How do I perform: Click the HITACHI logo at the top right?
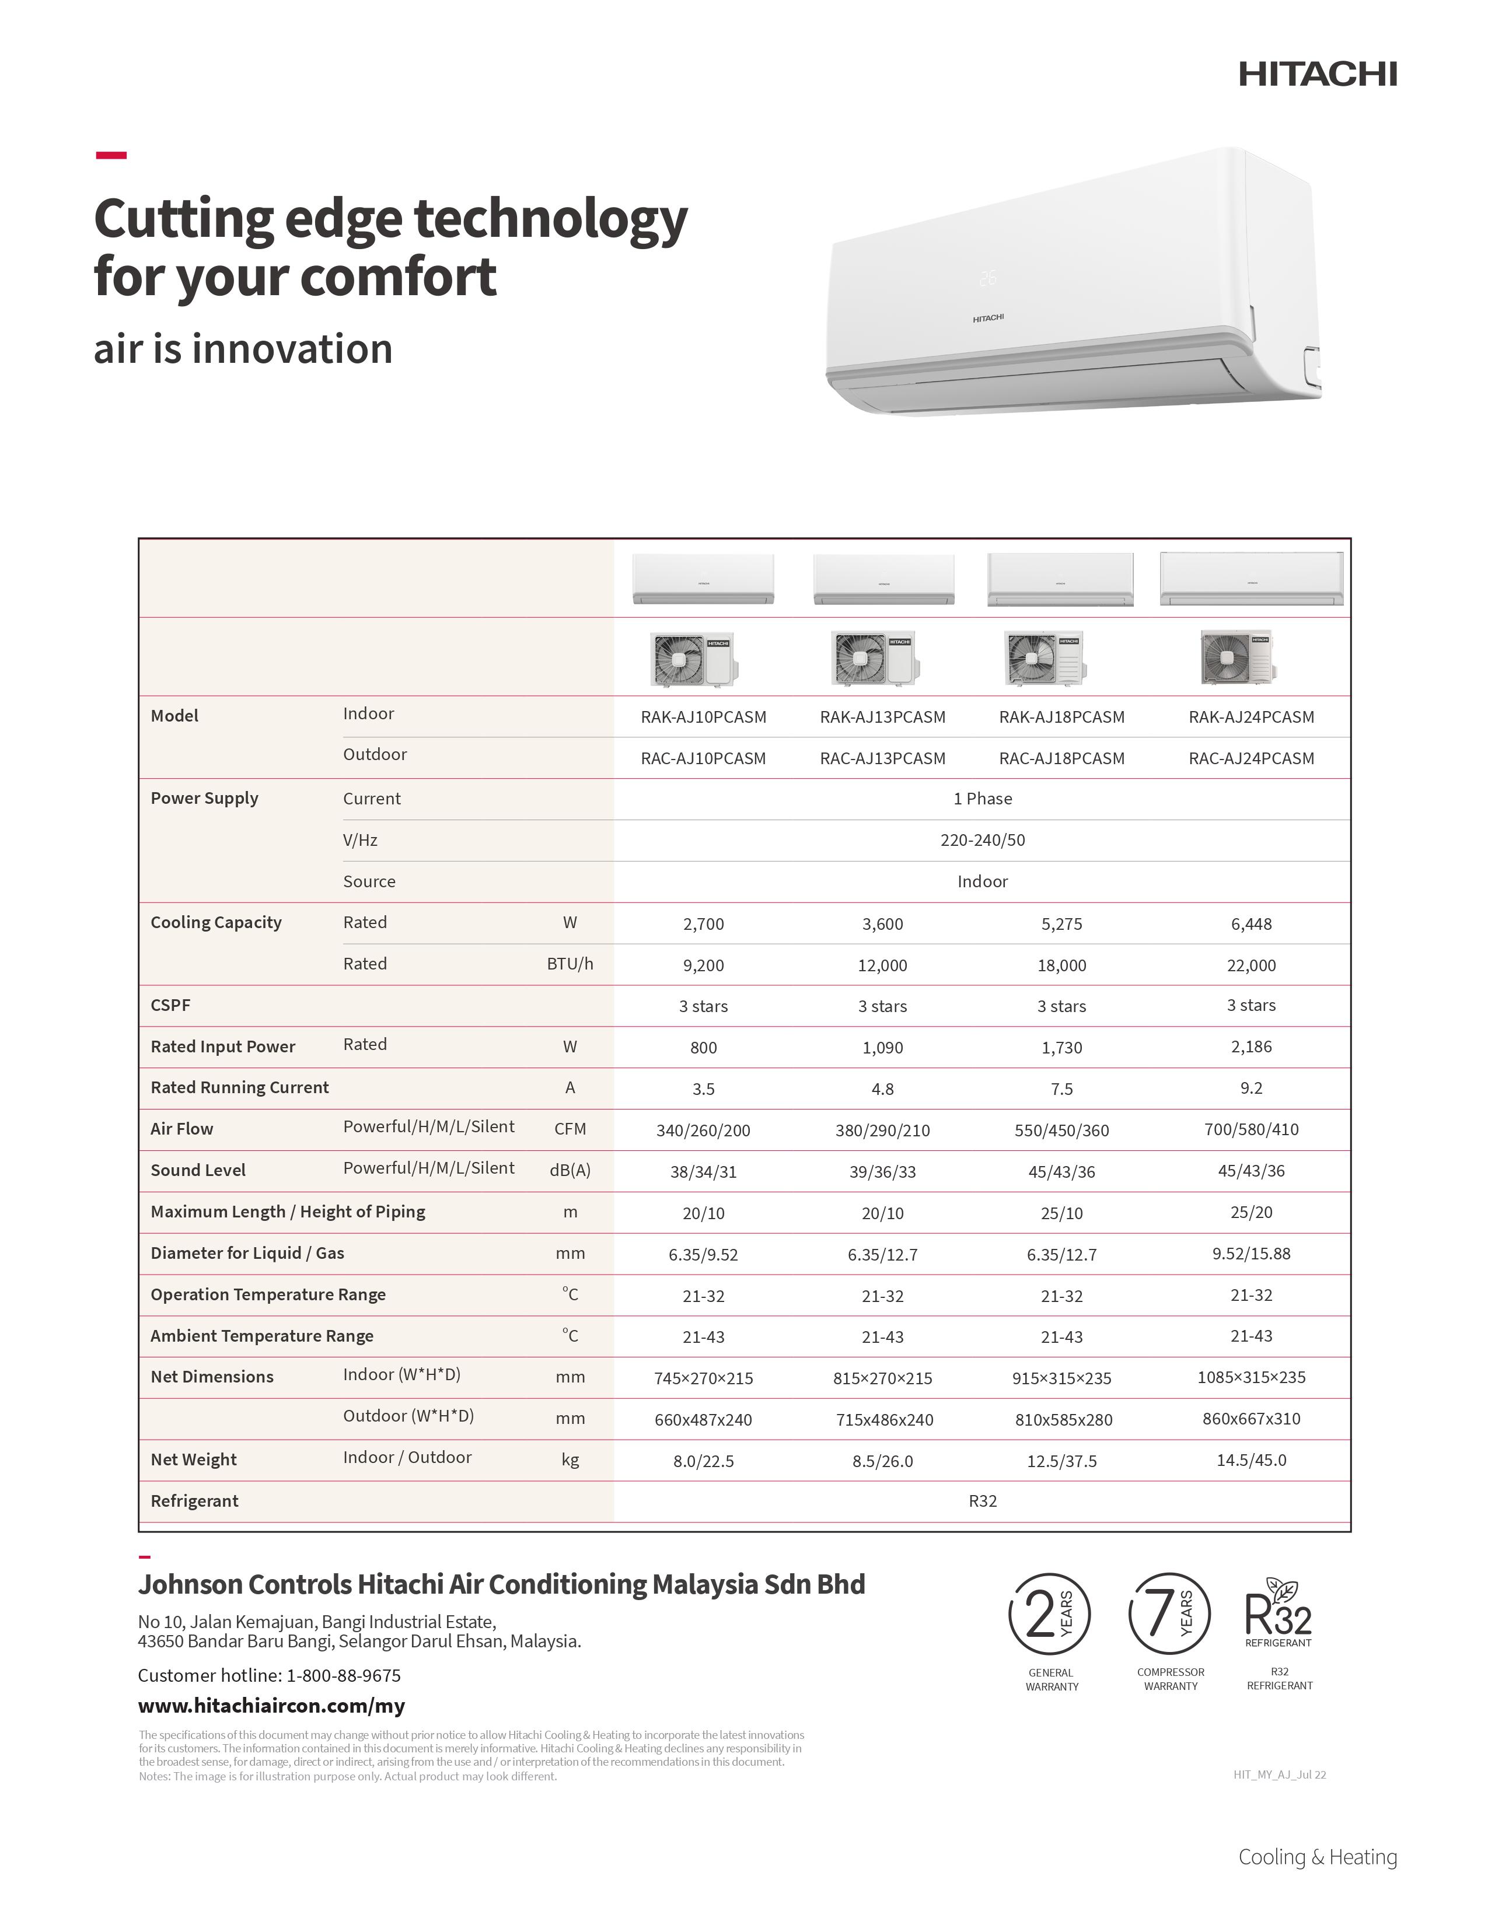click(1317, 74)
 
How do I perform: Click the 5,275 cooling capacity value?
click(1061, 925)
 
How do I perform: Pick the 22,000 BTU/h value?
click(1251, 966)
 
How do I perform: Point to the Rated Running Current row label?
click(240, 1088)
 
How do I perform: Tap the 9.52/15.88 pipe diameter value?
click(1251, 1254)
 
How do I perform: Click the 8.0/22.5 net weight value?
click(704, 1461)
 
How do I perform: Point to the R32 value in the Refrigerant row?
click(982, 1501)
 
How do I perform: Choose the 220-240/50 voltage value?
click(982, 840)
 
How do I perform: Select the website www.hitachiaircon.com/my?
click(271, 1706)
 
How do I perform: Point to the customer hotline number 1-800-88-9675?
click(343, 1675)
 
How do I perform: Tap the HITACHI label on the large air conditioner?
click(987, 318)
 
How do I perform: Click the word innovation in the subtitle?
click(292, 349)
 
